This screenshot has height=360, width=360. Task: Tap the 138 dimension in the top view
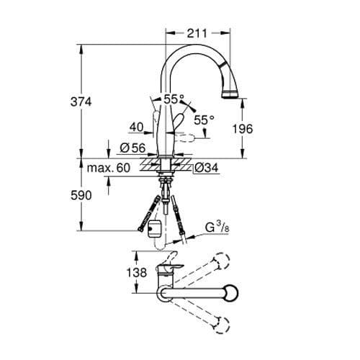click(x=118, y=274)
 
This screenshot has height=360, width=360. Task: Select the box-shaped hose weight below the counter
click(x=152, y=230)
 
